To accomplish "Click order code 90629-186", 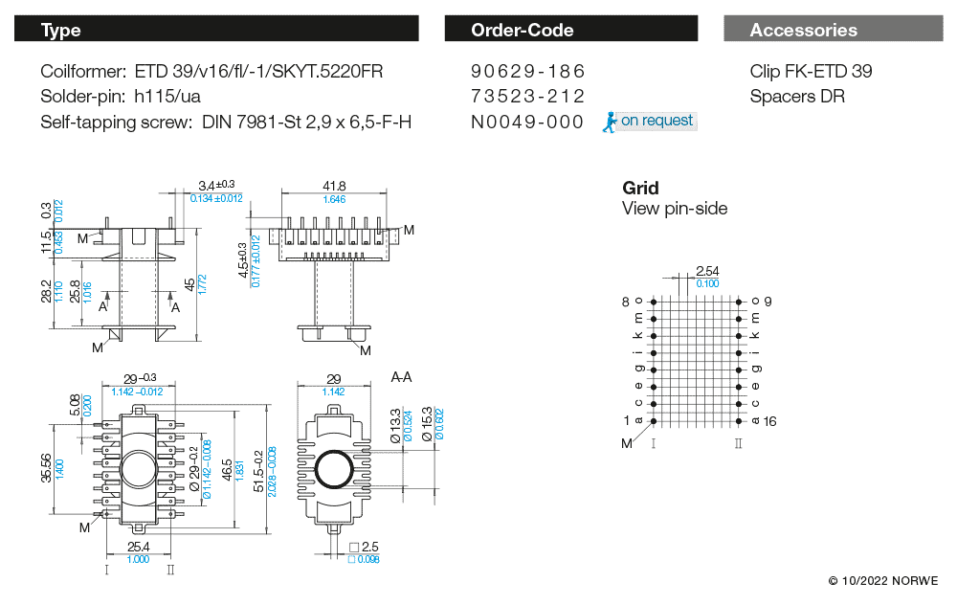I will [x=527, y=72].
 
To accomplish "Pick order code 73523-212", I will [x=527, y=97].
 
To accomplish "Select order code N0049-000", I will [x=527, y=122].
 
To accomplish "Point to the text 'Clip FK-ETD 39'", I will [x=811, y=72].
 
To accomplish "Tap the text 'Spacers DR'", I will [x=797, y=97].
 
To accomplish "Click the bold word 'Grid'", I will [x=640, y=188].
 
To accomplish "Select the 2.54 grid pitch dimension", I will [x=707, y=272].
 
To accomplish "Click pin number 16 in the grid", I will [x=769, y=421].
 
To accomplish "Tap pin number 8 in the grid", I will [x=626, y=302].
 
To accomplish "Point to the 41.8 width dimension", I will [x=334, y=186].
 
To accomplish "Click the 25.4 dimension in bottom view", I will [x=138, y=547].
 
